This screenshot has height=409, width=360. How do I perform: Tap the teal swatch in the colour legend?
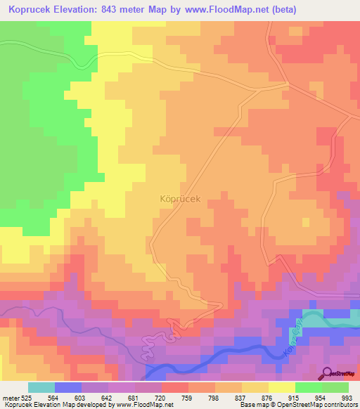pyautogui.click(x=41, y=387)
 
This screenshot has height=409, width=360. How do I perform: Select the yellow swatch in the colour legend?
pyautogui.click(x=282, y=387)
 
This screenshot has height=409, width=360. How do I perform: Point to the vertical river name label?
pyautogui.click(x=293, y=339)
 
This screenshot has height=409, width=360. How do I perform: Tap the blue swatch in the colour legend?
pyautogui.click(x=68, y=387)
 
